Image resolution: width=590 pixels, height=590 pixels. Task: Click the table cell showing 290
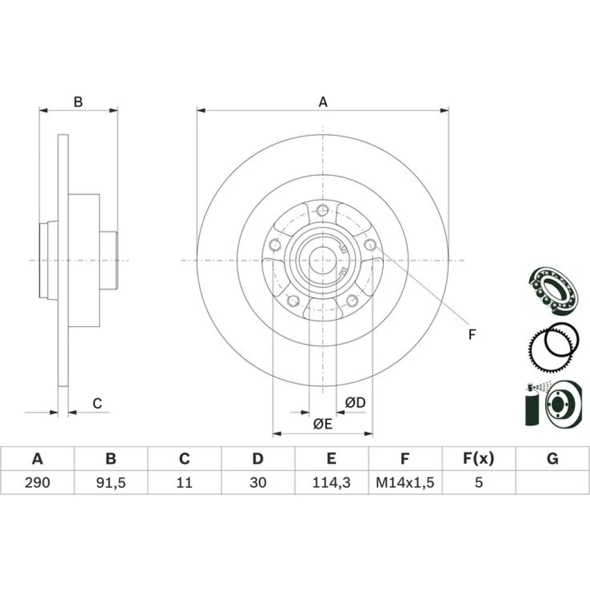click(37, 482)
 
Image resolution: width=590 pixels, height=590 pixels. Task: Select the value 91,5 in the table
click(111, 482)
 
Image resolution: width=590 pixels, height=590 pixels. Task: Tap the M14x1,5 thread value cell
click(405, 482)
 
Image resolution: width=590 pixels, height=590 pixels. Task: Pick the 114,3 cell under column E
click(331, 482)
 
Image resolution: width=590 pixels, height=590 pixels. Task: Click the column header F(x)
click(478, 458)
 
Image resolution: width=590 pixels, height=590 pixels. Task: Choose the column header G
click(552, 458)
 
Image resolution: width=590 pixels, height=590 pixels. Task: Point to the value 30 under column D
click(258, 482)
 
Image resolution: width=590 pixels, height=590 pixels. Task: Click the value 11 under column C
click(184, 482)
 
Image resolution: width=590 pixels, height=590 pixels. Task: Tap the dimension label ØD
click(355, 402)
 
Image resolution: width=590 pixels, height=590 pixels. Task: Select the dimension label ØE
click(323, 424)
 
